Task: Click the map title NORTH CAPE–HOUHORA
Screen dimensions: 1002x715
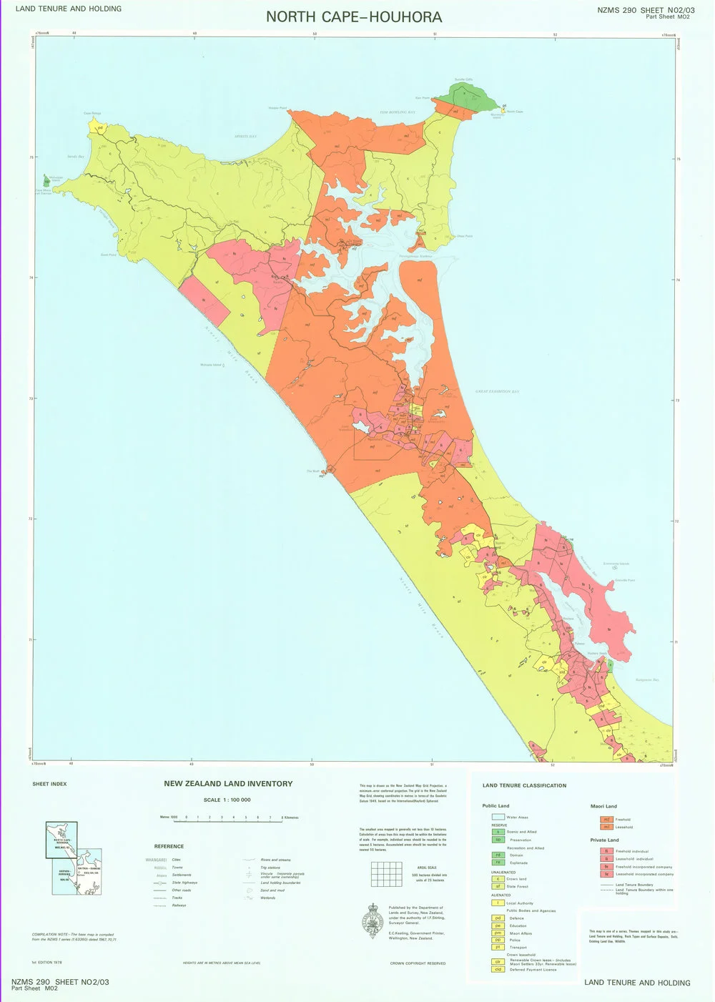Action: (354, 16)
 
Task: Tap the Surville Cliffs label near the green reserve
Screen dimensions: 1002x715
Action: (463, 79)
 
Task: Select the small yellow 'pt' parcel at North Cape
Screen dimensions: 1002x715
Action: (504, 107)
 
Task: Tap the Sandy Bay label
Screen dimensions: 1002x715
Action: (75, 156)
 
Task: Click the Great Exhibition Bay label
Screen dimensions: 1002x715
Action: (497, 391)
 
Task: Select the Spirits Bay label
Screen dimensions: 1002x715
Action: (245, 136)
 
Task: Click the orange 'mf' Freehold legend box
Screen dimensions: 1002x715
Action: (606, 820)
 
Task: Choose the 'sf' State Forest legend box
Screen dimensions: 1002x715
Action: (498, 886)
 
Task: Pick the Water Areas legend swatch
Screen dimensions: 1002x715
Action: (498, 817)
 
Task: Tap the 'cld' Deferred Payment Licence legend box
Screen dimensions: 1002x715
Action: (498, 969)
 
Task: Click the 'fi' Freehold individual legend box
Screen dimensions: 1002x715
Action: (606, 851)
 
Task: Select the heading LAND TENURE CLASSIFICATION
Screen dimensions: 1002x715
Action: (524, 785)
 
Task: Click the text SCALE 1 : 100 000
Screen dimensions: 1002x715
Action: (227, 800)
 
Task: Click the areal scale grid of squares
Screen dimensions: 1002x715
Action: (386, 874)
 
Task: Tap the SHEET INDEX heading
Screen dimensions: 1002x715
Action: (49, 784)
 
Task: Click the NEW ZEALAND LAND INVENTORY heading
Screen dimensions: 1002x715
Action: (228, 783)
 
